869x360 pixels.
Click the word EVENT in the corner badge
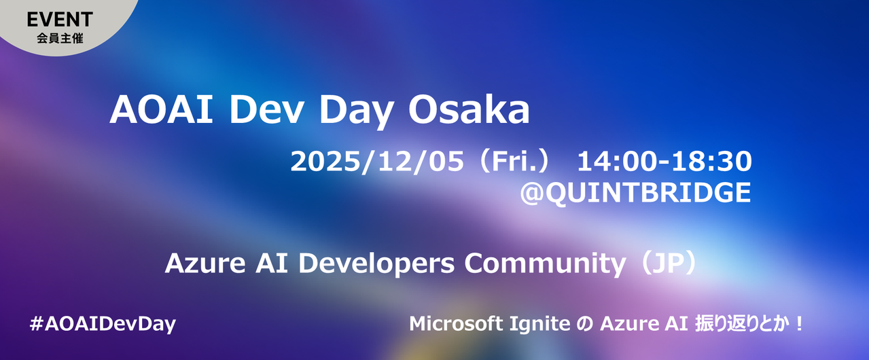pos(60,20)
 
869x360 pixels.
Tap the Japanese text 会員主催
pos(60,39)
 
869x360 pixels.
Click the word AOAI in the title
pos(162,110)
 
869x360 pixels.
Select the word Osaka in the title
pos(469,110)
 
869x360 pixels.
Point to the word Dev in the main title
pos(266,110)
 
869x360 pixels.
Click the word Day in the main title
pos(357,113)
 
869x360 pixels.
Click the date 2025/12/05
pos(377,162)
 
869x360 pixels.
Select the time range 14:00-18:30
pos(664,161)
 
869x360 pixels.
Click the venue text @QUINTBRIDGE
pos(635,192)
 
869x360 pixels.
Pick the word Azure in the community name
pos(205,264)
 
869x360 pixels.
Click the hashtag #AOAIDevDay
pos(103,324)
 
